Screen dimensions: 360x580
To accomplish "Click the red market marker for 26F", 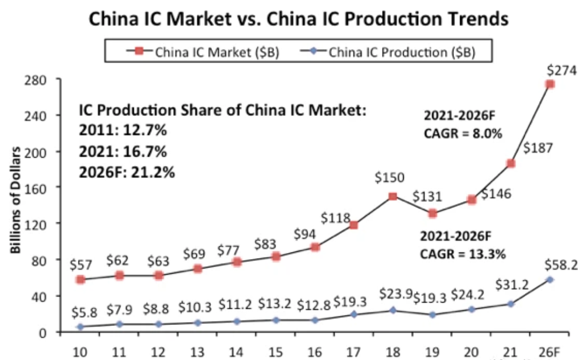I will [550, 84].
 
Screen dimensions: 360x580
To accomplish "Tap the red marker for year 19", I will [433, 213].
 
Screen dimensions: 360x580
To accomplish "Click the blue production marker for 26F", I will [550, 279].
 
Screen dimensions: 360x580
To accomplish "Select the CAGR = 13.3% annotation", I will [462, 255].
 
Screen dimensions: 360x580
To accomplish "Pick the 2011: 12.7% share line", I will [123, 132].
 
